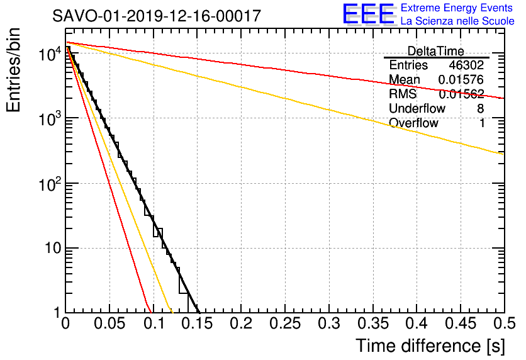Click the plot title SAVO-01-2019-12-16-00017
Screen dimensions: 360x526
pyautogui.click(x=157, y=16)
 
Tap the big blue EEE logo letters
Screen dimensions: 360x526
pyautogui.click(x=368, y=14)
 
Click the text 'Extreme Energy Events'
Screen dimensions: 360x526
pyautogui.click(x=457, y=8)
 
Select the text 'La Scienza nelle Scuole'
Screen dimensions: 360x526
pyautogui.click(x=457, y=21)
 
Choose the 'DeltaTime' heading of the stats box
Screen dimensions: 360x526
pyautogui.click(x=435, y=51)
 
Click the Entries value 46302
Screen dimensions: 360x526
pyautogui.click(x=466, y=65)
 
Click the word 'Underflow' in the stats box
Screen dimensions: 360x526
pyautogui.click(x=417, y=108)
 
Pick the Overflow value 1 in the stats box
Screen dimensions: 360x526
pyautogui.click(x=482, y=123)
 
